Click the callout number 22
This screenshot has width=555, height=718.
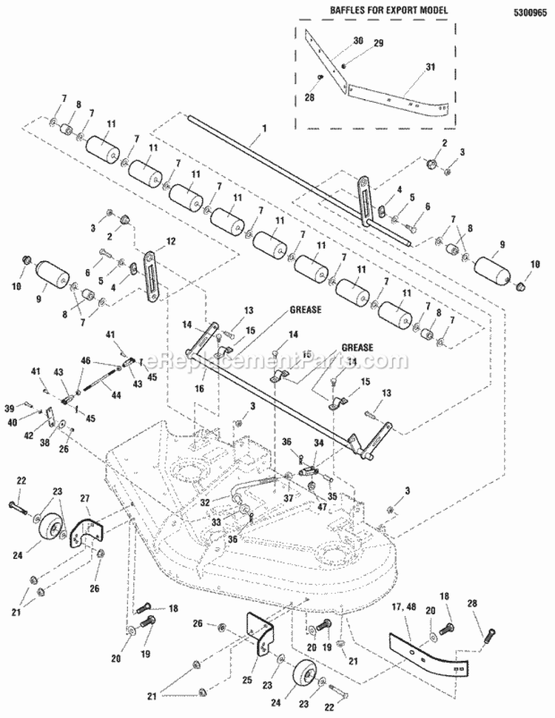pyautogui.click(x=21, y=481)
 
